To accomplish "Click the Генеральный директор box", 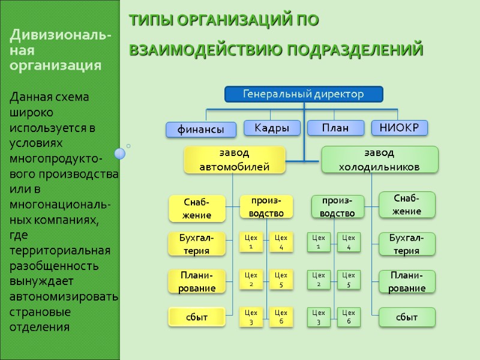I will pyautogui.click(x=303, y=94).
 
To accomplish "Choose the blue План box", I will pyautogui.click(x=335, y=128).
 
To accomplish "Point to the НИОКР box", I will pyautogui.click(x=400, y=127).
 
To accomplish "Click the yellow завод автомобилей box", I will pyautogui.click(x=234, y=160).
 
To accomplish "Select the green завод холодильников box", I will pyautogui.click(x=379, y=160).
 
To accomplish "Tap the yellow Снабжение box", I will pyautogui.click(x=197, y=208).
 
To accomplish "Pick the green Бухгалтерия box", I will pyautogui.click(x=407, y=244).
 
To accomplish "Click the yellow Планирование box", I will pyautogui.click(x=197, y=281).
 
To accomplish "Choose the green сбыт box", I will pyautogui.click(x=407, y=317).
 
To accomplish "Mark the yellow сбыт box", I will pyautogui.click(x=197, y=317).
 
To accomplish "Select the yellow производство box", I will pyautogui.click(x=266, y=206).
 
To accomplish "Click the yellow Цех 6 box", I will pyautogui.click(x=281, y=317).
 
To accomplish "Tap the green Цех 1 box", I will pyautogui.click(x=319, y=242).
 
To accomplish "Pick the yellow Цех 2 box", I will pyautogui.click(x=251, y=280).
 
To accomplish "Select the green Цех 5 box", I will pyautogui.click(x=349, y=280).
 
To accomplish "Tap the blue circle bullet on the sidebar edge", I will pyautogui.click(x=120, y=154).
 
